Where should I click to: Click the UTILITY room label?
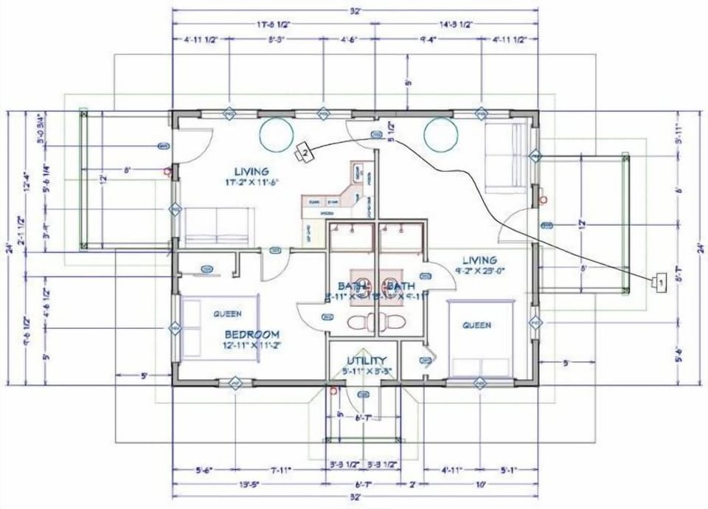(x=367, y=360)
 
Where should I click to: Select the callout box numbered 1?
(x=660, y=281)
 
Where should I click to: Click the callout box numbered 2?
(x=303, y=153)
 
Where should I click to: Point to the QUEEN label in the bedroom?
(x=227, y=314)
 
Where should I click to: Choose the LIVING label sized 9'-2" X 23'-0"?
(x=479, y=260)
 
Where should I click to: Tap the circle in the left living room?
(x=274, y=134)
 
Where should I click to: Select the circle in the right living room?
(x=440, y=134)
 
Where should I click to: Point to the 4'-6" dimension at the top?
(x=348, y=39)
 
